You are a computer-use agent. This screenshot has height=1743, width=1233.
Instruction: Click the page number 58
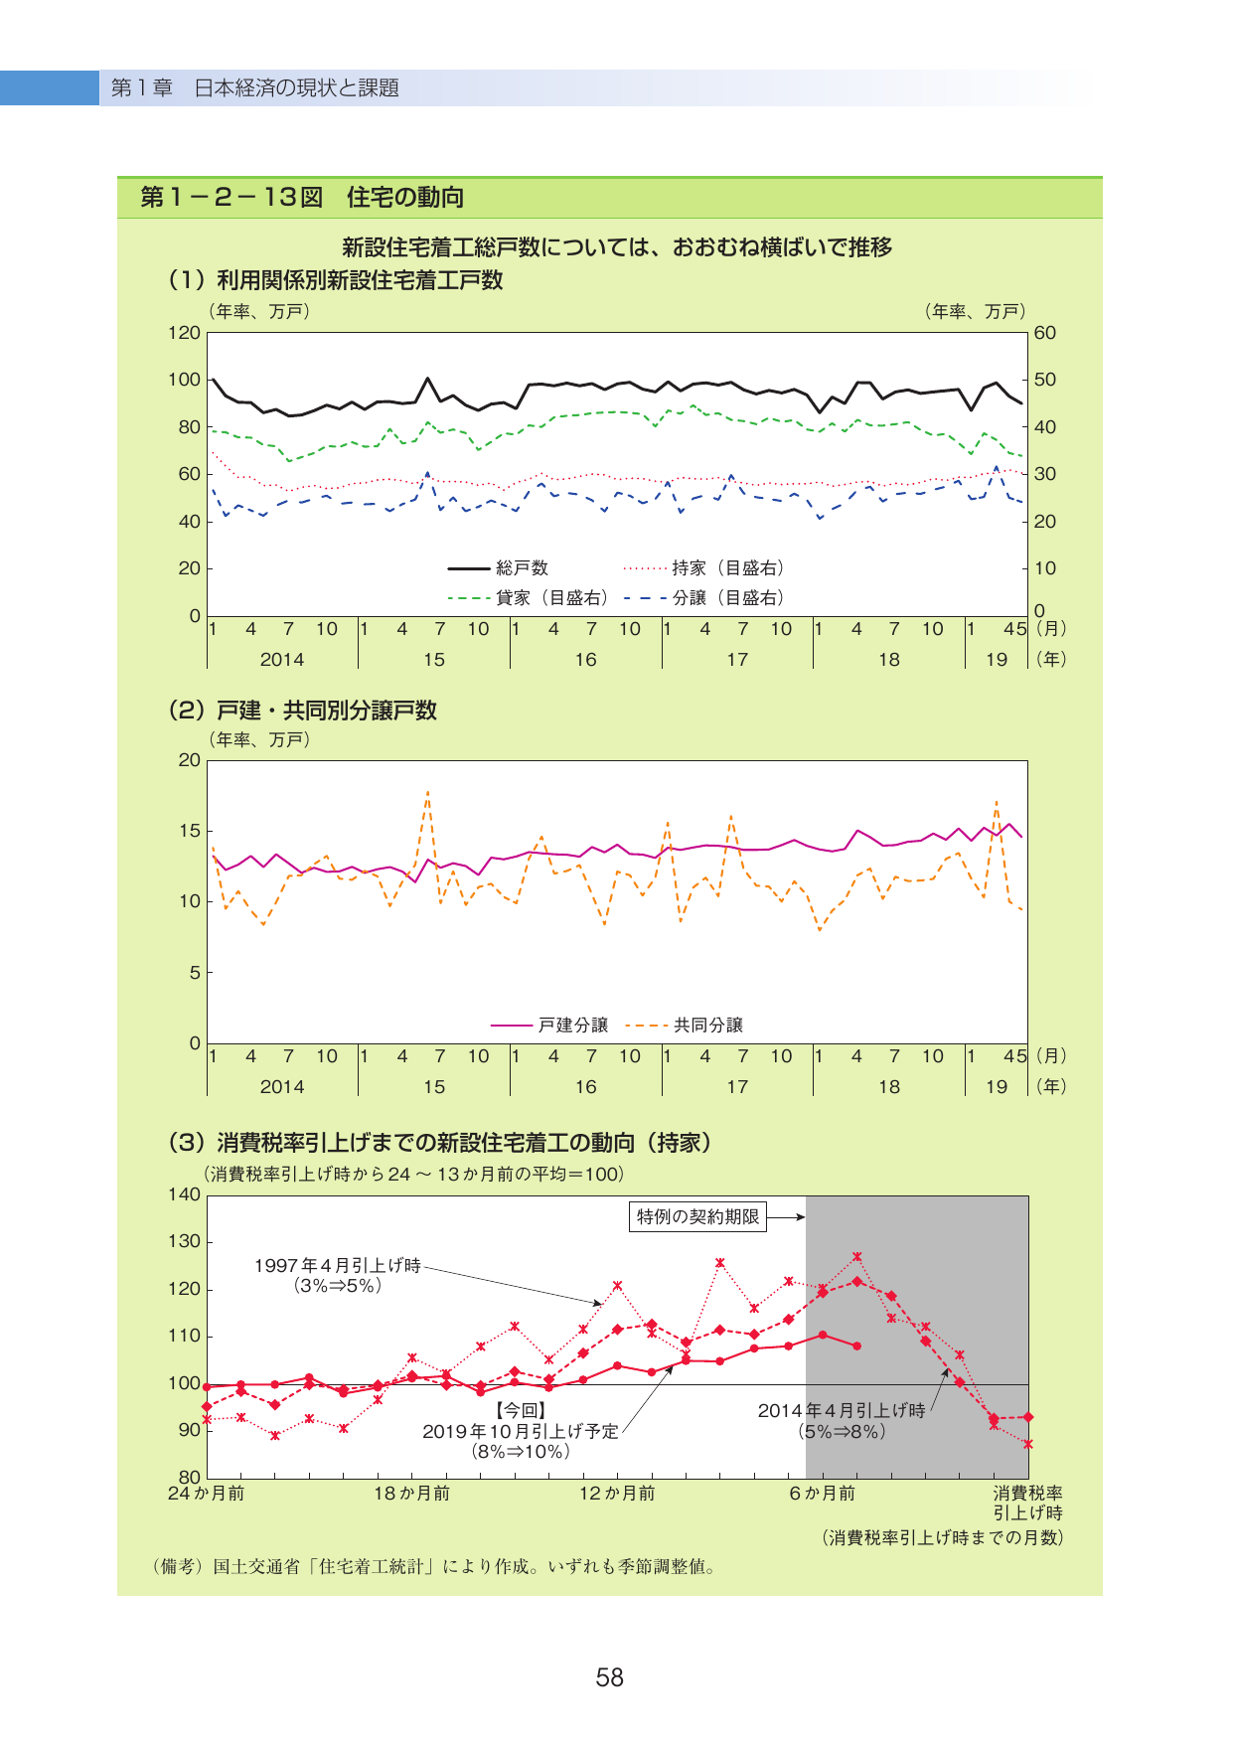609,1677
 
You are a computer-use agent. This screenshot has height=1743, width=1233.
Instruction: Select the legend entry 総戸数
498,568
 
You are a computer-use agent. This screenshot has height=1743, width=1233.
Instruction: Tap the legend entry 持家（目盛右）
703,568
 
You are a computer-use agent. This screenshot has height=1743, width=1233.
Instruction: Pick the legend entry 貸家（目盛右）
528,597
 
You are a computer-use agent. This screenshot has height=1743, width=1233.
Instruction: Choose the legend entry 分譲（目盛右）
703,597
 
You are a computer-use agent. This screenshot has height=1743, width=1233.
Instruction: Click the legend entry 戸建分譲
549,1026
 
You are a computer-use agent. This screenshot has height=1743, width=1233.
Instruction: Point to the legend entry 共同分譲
685,1026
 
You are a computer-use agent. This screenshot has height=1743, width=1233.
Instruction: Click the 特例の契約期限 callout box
697,1216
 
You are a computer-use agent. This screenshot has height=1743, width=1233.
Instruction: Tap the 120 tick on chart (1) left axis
184,333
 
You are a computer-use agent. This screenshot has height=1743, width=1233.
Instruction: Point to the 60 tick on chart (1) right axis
1045,333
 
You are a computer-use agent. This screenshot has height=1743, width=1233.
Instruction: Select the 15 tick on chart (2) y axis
190,831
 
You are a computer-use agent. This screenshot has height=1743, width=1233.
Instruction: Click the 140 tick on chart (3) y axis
184,1194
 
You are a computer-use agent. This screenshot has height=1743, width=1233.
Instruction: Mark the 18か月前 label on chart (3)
411,1494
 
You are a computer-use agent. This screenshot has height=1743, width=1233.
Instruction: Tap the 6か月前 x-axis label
822,1494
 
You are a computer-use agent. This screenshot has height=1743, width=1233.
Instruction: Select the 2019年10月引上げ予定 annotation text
521,1431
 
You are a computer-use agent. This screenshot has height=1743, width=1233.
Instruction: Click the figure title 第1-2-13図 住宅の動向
302,197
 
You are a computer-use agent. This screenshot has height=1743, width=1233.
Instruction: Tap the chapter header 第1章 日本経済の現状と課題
255,88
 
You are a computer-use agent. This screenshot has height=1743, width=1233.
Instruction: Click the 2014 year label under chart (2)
282,1087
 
